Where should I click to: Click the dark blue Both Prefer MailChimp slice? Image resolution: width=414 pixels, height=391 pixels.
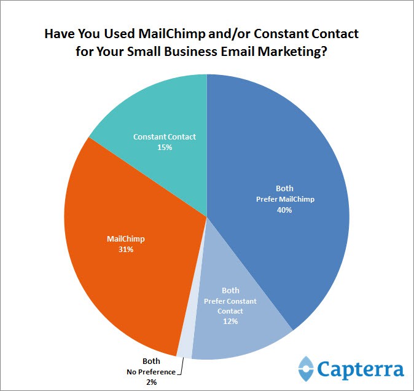[289, 154]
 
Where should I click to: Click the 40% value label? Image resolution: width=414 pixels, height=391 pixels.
[283, 210]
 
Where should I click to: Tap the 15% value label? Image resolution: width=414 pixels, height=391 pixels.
[164, 147]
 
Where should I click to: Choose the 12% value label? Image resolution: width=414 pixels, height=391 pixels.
[230, 321]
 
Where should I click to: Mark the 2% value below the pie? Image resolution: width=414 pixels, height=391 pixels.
[151, 382]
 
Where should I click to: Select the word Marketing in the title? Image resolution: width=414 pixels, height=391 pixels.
[286, 52]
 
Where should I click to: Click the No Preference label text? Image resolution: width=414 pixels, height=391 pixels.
[150, 372]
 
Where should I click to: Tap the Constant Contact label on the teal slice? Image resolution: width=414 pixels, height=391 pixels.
[165, 136]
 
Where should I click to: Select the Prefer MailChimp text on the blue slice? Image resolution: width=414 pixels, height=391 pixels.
[284, 199]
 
